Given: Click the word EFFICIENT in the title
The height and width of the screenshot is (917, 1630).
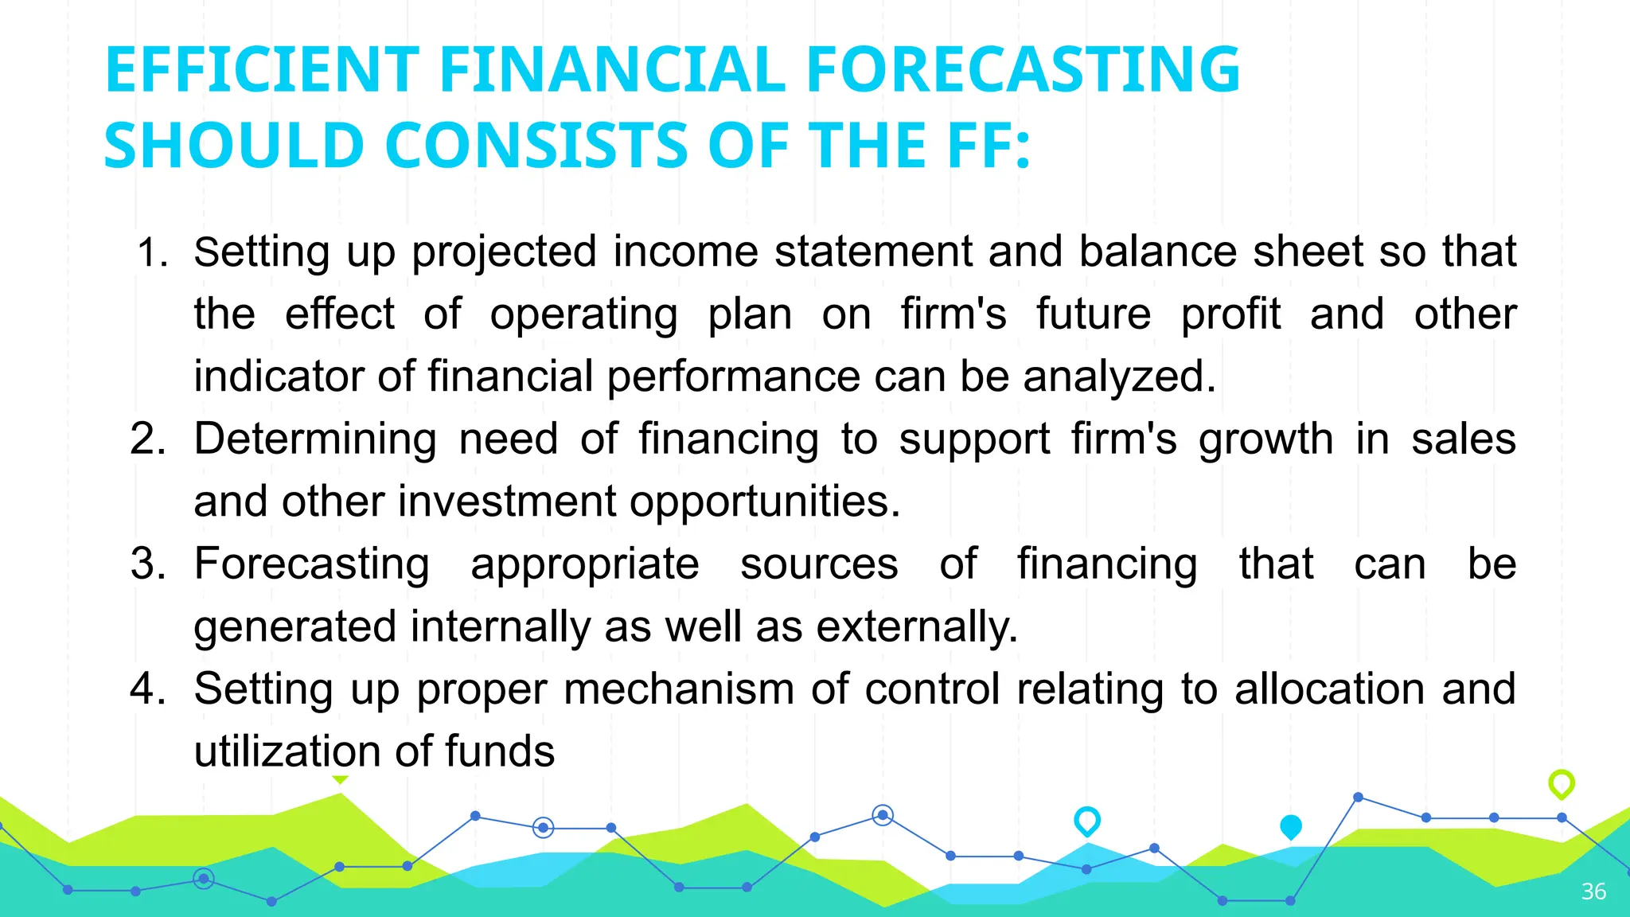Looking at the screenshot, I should click(x=262, y=70).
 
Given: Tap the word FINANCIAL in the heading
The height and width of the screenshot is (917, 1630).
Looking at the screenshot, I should click(x=613, y=70).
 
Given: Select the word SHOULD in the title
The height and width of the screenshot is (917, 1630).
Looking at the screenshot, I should click(x=234, y=146).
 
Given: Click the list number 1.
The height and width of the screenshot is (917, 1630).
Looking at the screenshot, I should click(x=151, y=254).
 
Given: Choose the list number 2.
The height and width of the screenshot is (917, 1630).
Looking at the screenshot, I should click(x=148, y=439).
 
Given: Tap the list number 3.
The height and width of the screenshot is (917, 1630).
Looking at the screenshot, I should click(x=148, y=564).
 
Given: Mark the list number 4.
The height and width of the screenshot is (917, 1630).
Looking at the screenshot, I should click(x=148, y=689).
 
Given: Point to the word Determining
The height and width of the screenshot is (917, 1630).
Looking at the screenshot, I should click(x=315, y=439).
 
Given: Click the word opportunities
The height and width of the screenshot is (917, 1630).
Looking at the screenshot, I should click(x=765, y=502).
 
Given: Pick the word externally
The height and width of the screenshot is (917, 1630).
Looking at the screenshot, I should click(x=918, y=626).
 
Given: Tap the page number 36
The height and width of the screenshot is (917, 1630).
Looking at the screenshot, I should click(x=1593, y=892).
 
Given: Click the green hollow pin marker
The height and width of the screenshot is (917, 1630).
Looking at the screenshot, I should click(x=1562, y=784).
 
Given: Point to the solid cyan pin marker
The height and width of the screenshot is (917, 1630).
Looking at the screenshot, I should click(x=1291, y=827).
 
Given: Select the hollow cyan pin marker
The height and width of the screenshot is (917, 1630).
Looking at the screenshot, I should click(x=1087, y=821).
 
